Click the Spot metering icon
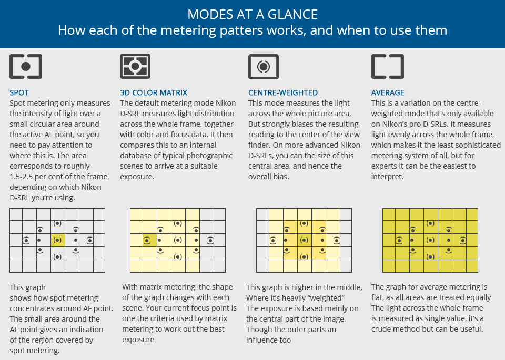click(26, 67)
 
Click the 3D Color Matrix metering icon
click(136, 67)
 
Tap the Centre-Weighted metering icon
click(264, 67)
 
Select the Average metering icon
click(387, 67)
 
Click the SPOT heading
click(19, 93)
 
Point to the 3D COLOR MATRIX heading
click(154, 93)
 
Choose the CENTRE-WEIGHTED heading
click(283, 93)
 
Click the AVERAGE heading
click(388, 93)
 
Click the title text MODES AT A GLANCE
click(252, 13)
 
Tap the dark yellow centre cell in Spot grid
click(57, 240)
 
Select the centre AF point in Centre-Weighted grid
click(304, 240)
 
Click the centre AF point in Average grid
click(430, 240)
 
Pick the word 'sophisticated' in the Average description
click(476, 145)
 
